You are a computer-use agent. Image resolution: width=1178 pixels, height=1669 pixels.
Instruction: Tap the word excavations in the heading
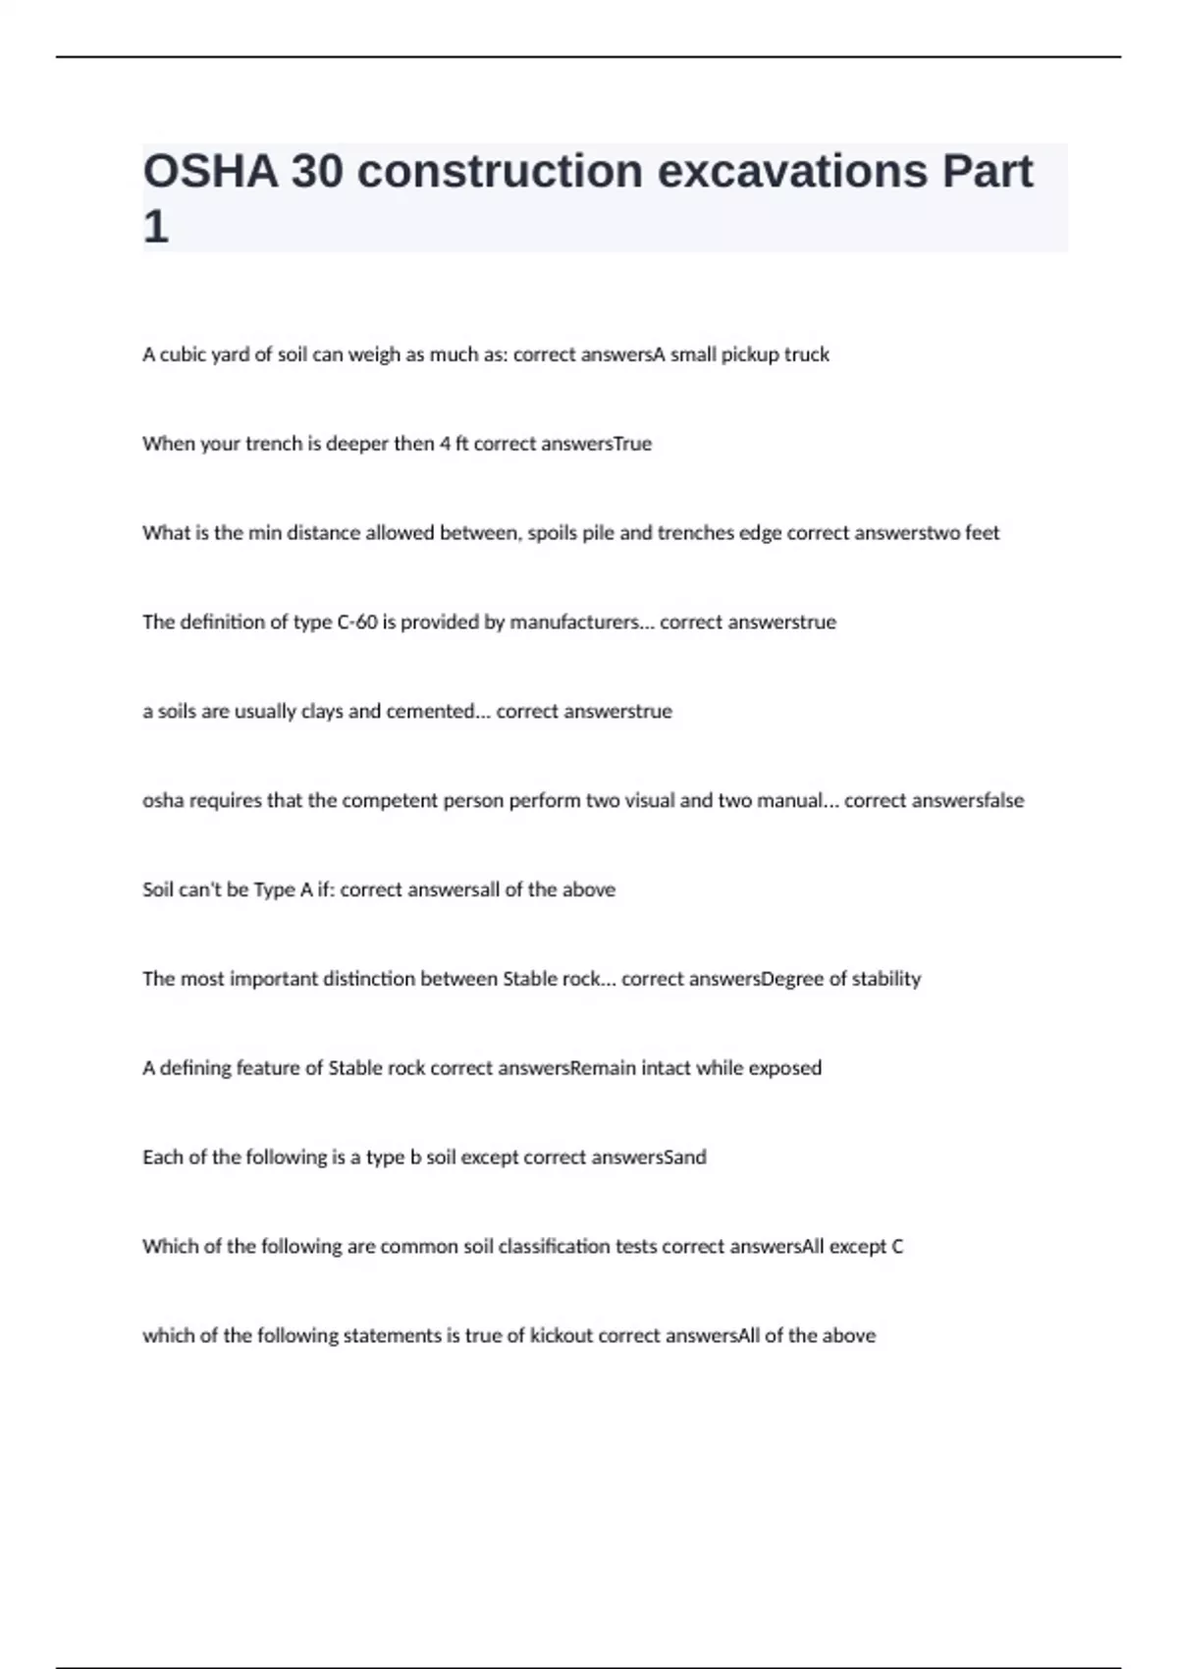point(791,172)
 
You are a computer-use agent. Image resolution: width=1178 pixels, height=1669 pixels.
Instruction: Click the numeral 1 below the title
point(155,228)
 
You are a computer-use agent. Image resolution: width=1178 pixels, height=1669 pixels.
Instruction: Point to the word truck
point(806,354)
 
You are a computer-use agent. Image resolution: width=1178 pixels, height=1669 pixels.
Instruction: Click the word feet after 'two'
point(982,533)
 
